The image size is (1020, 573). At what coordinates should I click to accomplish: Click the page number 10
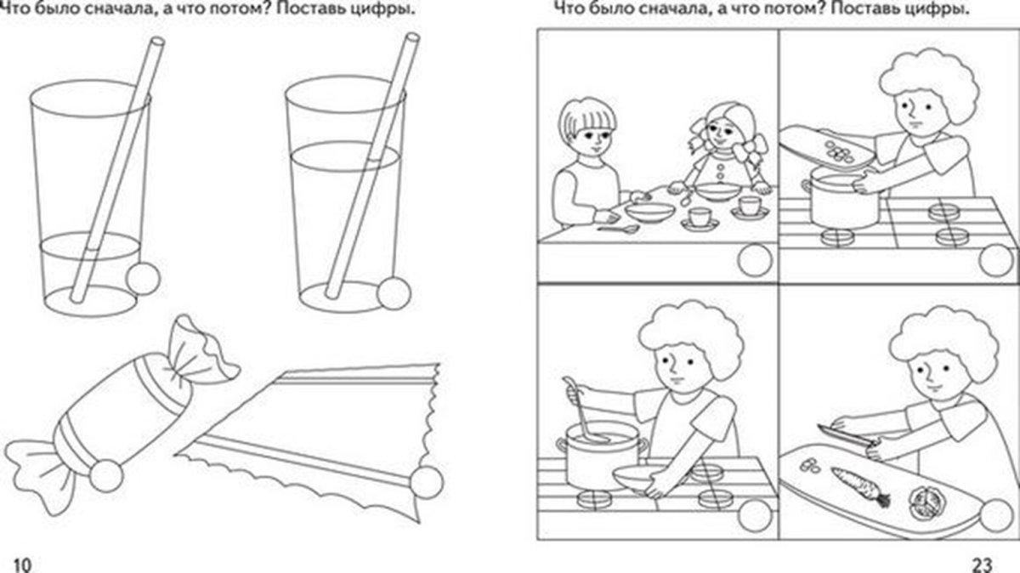tap(23, 564)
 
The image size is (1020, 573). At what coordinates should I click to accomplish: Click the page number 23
tap(983, 564)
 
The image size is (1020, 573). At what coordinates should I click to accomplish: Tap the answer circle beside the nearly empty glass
tap(143, 278)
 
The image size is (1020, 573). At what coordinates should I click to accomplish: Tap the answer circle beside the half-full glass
tap(394, 293)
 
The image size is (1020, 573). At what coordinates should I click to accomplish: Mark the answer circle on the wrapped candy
tap(106, 476)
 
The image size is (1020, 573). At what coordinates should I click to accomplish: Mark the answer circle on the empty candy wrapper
tap(427, 482)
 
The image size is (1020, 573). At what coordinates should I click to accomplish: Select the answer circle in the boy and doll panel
tap(755, 260)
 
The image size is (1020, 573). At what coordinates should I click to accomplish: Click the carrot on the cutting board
tap(860, 486)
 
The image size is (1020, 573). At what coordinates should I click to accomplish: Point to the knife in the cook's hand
tap(845, 434)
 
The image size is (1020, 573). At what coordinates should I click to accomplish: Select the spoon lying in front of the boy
tap(619, 228)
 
